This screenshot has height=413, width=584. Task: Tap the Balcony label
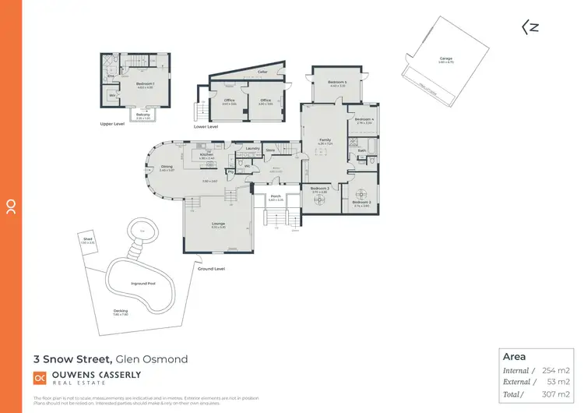click(143, 115)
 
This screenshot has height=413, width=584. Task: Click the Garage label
click(445, 58)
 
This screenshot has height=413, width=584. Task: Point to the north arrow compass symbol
click(529, 26)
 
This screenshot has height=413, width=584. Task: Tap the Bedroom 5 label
click(336, 82)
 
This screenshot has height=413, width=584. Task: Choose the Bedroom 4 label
click(365, 119)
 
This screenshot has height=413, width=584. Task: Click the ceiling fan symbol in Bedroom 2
click(361, 192)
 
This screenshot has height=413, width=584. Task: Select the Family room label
click(325, 140)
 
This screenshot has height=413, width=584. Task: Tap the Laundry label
click(252, 148)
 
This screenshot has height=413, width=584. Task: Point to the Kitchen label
click(206, 154)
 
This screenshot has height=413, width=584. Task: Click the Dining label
click(167, 166)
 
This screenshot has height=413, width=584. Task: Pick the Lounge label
click(218, 224)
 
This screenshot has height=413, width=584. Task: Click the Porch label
click(276, 196)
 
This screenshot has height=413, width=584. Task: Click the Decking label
click(120, 311)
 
